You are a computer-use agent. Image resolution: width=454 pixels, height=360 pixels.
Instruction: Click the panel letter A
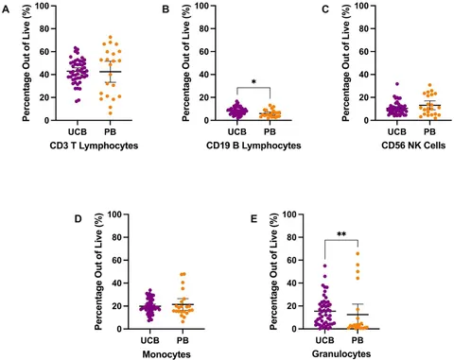coord(6,9)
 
